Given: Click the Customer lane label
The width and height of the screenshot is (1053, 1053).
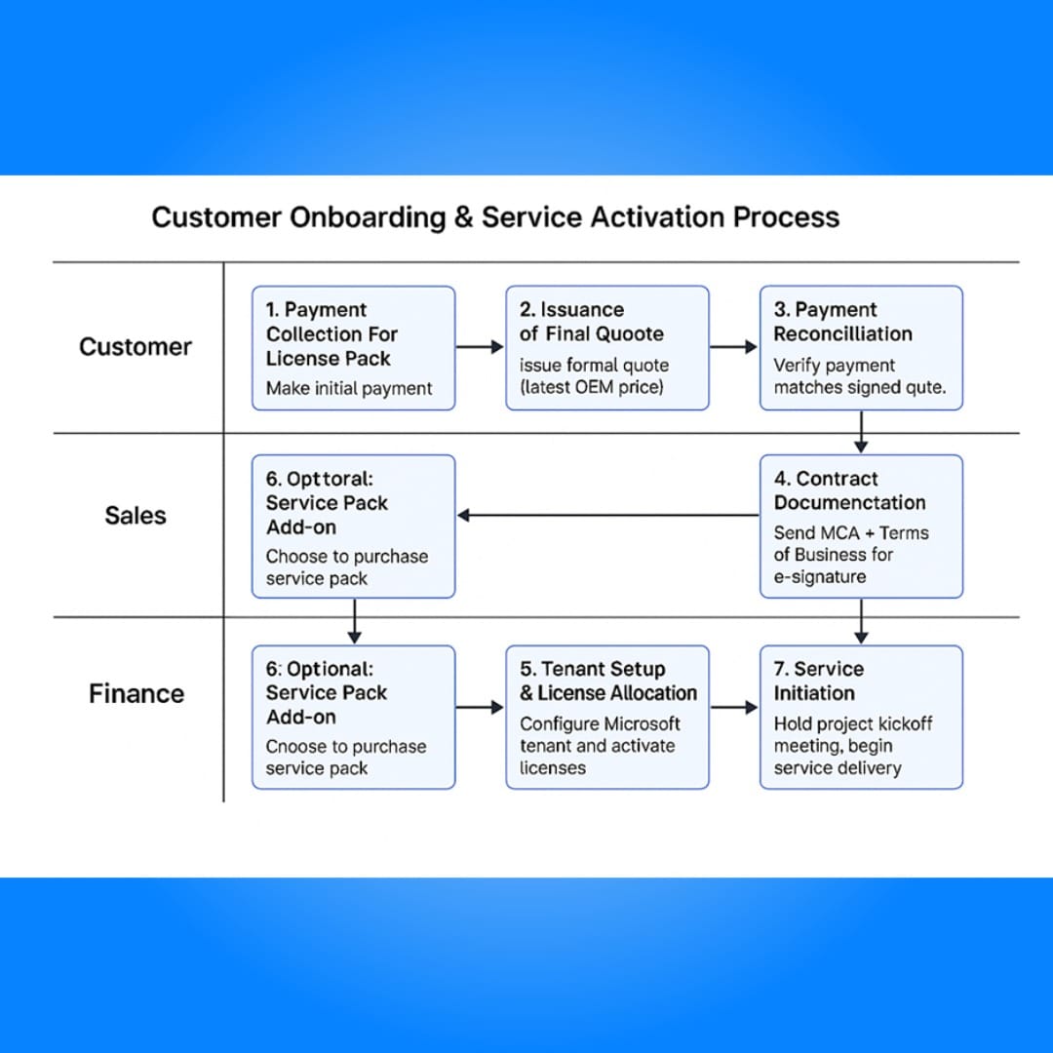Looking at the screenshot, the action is [135, 346].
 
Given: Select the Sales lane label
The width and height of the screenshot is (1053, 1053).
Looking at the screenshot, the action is [135, 515].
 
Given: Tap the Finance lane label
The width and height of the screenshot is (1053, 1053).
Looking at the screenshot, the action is [136, 693].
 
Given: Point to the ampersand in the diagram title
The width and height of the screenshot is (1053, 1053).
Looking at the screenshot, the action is [463, 216].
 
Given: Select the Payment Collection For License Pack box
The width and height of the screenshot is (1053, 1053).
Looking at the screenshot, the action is [353, 348].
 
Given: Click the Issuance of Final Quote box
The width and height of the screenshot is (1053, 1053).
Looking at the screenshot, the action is [607, 348].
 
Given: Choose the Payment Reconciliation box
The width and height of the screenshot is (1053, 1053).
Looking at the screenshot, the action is [861, 348].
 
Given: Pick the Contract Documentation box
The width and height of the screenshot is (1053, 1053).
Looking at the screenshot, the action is [861, 526].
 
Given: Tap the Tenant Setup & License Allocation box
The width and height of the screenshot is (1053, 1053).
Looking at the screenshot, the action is [607, 718].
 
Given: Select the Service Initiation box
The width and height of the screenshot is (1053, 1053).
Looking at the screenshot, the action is [861, 718].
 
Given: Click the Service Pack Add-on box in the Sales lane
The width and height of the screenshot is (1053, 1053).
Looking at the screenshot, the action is [353, 526].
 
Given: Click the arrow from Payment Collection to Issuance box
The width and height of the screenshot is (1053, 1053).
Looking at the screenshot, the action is [480, 346].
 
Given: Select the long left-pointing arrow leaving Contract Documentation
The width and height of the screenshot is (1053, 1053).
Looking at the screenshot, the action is [608, 515].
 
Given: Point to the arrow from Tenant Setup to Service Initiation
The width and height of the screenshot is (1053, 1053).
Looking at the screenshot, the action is [734, 707].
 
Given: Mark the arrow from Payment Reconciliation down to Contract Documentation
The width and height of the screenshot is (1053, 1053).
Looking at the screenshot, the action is [861, 432].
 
